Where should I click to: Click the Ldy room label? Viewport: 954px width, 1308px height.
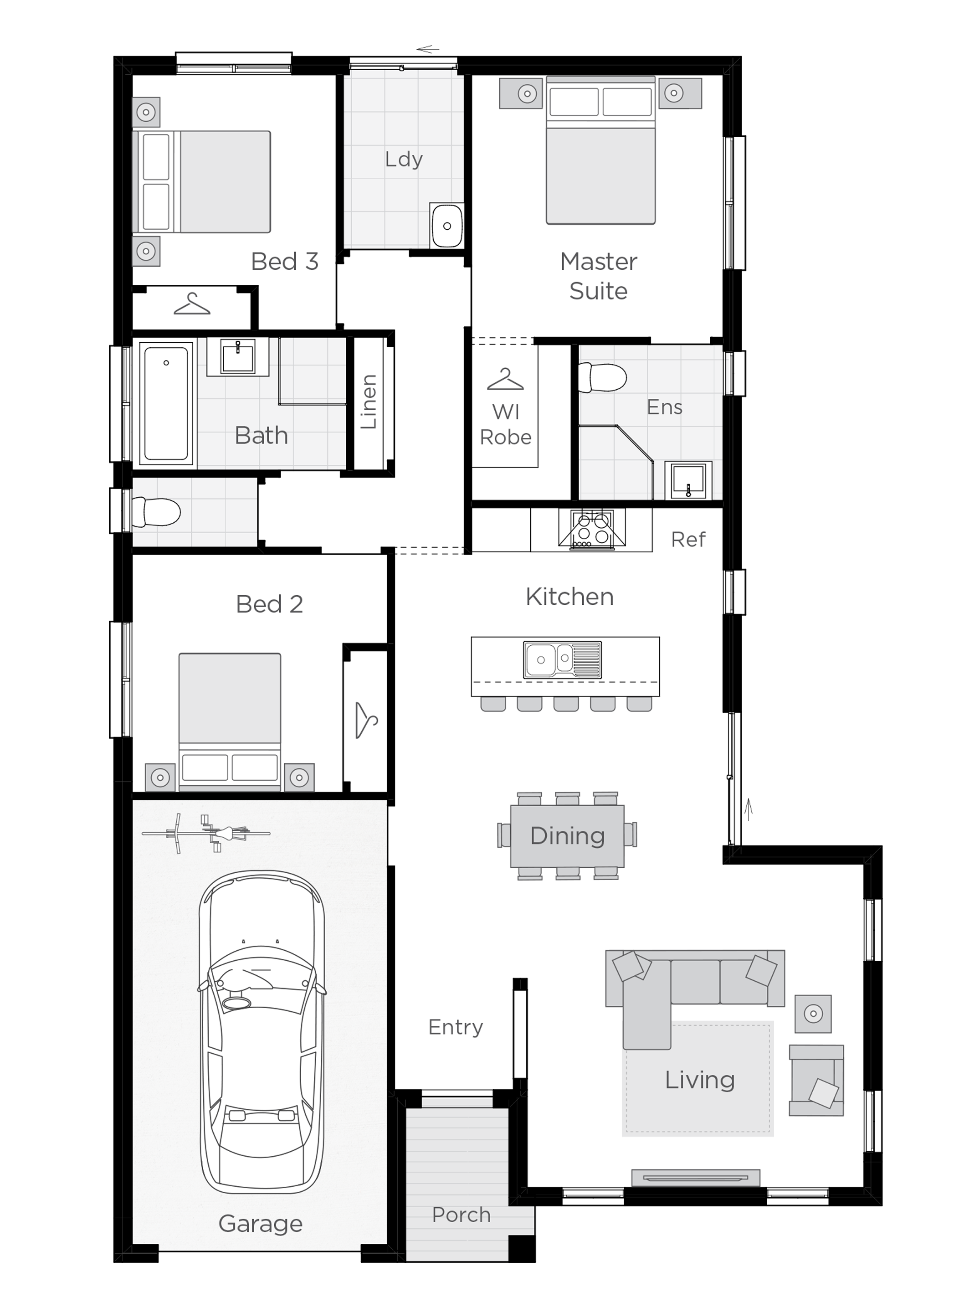coord(404,160)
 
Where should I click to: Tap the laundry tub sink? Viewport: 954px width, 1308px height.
coord(446,225)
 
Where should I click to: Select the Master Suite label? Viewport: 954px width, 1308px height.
coord(598,276)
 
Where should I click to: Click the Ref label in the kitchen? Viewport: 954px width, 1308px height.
coord(688,540)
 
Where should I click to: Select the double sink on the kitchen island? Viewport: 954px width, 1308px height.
coord(562,659)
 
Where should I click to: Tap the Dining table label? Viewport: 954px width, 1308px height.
coord(567,836)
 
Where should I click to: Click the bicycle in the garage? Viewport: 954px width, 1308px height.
coord(207,833)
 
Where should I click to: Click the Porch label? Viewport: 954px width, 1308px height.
coord(461,1215)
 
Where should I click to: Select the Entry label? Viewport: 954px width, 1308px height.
coord(455,1028)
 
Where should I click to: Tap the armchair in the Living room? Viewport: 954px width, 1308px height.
coord(816,1080)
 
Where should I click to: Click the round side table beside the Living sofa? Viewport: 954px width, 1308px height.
coord(813,1013)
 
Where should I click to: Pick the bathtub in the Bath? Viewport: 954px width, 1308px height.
coord(166,403)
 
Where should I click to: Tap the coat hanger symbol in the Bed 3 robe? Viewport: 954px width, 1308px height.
coord(192,304)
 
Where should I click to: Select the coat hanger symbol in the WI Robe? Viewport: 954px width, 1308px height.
coord(505,379)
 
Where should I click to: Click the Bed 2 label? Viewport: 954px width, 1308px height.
coord(269,604)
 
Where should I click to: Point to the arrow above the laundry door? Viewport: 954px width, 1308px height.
coord(428,49)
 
